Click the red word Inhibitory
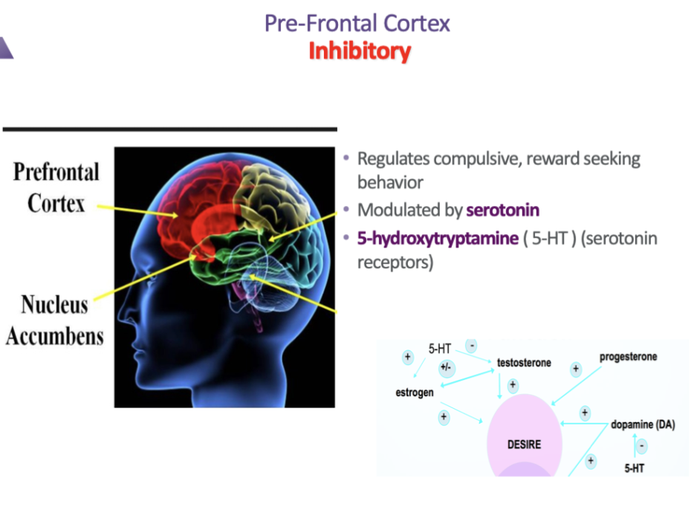(360, 51)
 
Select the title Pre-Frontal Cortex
(357, 23)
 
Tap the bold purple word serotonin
(502, 210)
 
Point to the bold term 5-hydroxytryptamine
(437, 239)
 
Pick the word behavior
(390, 182)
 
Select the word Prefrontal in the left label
(56, 172)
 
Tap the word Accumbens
(55, 335)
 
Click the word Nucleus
(54, 305)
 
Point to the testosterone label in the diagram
(524, 363)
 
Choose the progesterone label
(628, 357)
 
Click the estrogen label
(414, 392)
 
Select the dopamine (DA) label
(643, 425)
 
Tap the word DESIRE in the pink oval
(524, 445)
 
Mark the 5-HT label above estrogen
(440, 349)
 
